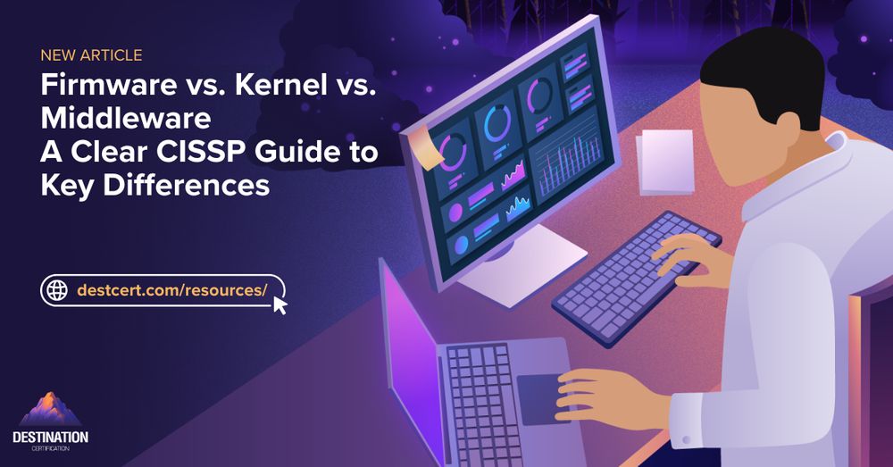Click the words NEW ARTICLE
[x=91, y=55]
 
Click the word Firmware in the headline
[x=109, y=86]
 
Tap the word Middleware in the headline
[x=126, y=119]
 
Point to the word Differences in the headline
[x=187, y=185]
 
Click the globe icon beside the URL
[x=57, y=290]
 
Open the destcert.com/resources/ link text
[x=172, y=290]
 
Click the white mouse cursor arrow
[x=280, y=304]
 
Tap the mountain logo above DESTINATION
[x=50, y=409]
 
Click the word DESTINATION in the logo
[x=50, y=438]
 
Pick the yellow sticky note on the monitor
[x=427, y=146]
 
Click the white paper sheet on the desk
[x=665, y=163]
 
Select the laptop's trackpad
[x=541, y=398]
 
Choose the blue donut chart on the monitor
[x=495, y=123]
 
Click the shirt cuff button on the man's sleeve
[x=685, y=440]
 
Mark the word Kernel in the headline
[x=281, y=86]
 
